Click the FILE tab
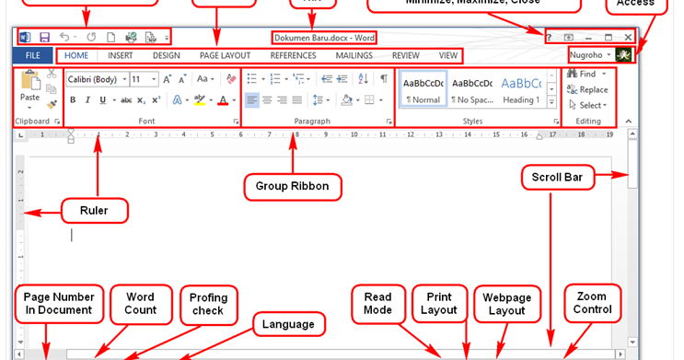coord(32,55)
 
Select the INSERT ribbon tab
coord(120,55)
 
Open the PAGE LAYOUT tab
coord(225,55)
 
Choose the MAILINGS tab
coord(354,55)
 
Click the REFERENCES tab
coord(293,55)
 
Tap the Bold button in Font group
coord(74,100)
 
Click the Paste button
coord(29,88)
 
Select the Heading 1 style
coord(520,89)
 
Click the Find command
coord(586,74)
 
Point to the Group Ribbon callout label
coord(292,187)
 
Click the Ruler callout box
coord(94,211)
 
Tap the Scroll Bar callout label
coord(577,175)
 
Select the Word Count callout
coord(139,303)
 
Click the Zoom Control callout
coord(591,303)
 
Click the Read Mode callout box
coord(377,303)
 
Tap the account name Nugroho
coord(586,55)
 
